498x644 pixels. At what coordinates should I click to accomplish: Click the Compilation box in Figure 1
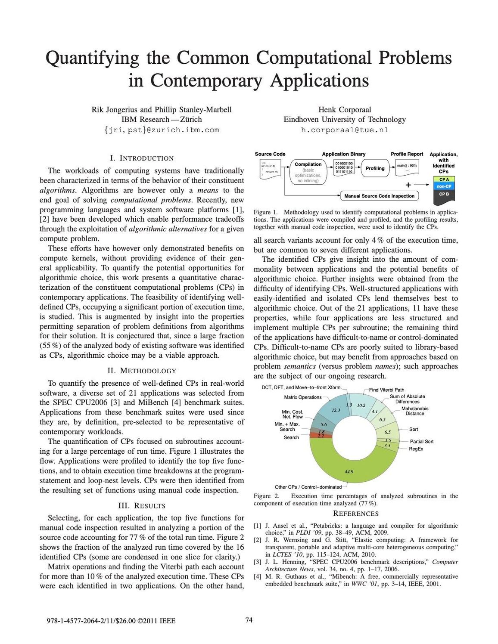[308, 172]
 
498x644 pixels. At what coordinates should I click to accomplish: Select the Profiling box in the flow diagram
[375, 168]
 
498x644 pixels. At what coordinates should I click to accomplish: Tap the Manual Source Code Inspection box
[379, 196]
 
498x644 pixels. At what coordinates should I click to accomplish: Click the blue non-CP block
[444, 186]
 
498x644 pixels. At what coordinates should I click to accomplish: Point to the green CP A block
[444, 180]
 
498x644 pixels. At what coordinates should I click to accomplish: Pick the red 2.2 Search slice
[321, 436]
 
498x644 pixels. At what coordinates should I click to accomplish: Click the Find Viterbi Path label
[387, 390]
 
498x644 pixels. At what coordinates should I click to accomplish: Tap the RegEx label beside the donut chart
[416, 449]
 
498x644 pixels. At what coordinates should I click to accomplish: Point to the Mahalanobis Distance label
[415, 411]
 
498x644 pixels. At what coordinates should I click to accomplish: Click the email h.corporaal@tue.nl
[344, 130]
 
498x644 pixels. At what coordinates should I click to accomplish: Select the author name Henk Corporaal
[344, 110]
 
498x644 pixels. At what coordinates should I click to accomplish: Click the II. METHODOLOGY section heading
[142, 371]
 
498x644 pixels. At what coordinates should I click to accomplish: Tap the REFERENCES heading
[356, 514]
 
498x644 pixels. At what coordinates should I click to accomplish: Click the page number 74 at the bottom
[249, 620]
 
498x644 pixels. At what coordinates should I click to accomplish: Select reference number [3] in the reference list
[257, 562]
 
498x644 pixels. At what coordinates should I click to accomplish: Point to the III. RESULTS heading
[142, 505]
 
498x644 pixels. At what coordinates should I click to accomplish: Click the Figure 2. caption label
[266, 496]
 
